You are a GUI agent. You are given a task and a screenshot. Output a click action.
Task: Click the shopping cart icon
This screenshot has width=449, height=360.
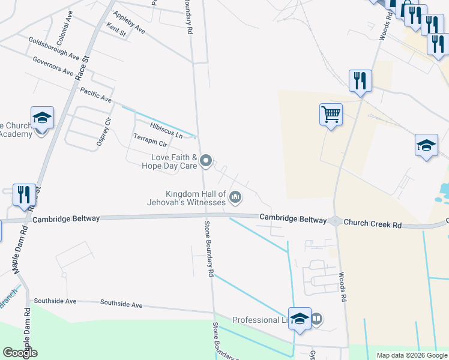click(x=331, y=114)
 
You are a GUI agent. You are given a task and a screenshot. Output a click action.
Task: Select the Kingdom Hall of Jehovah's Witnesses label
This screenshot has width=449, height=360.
click(x=196, y=197)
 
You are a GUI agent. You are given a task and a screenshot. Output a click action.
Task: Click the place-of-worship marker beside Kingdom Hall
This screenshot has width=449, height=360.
click(x=236, y=196)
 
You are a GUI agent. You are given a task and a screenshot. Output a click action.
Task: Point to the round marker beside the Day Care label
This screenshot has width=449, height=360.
click(x=206, y=160)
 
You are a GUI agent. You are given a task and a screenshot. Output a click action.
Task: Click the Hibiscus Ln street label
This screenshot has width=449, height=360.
click(x=166, y=129)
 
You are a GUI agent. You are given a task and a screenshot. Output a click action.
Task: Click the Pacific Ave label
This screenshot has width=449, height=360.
click(x=96, y=94)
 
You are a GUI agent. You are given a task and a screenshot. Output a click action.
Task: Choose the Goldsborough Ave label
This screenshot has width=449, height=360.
click(x=54, y=48)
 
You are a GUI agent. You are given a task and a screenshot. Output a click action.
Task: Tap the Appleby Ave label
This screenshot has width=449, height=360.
click(x=128, y=23)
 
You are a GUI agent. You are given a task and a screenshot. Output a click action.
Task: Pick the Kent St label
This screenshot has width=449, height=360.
click(x=115, y=29)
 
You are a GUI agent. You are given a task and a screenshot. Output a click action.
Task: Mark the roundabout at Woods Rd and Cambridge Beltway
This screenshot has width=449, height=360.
click(x=335, y=221)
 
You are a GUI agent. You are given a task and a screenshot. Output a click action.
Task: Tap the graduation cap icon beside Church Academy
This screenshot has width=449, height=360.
click(x=42, y=118)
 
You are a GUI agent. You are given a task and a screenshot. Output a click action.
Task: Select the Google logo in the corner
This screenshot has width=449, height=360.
click(x=20, y=353)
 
